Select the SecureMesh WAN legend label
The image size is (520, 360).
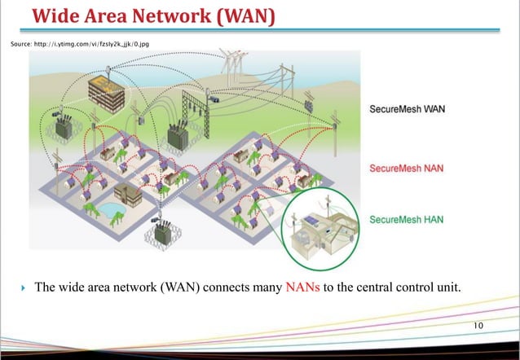tap(408, 109)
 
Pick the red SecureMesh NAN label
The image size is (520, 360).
tap(407, 168)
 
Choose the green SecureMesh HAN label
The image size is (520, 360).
tap(407, 219)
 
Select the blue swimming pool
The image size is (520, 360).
tap(108, 209)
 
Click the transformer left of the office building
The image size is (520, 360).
tap(62, 125)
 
